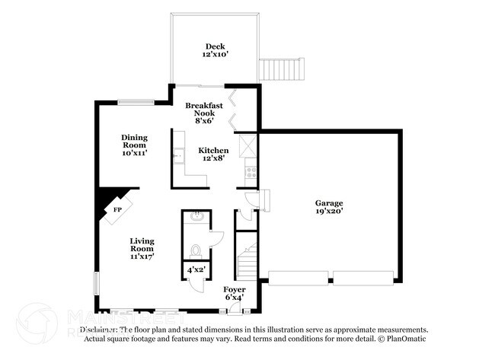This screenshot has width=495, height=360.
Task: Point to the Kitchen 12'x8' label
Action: point(214,155)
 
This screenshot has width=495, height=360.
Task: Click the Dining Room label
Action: point(134,145)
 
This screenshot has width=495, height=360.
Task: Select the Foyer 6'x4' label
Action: point(235,294)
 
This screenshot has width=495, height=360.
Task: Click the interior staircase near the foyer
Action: point(246,263)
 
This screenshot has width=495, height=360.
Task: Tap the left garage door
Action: point(296,277)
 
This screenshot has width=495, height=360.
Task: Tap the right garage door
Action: point(363,277)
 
